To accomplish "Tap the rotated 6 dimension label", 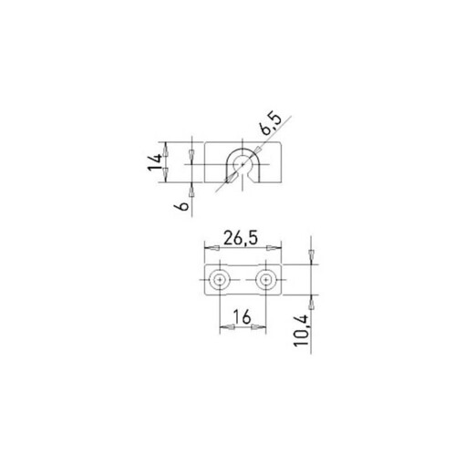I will click(183, 206).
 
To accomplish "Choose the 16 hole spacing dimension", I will click(242, 316).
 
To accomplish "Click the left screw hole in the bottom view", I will click(219, 279).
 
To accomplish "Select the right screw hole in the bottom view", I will click(265, 279).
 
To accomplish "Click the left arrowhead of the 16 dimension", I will click(223, 329).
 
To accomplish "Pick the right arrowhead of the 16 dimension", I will click(261, 329).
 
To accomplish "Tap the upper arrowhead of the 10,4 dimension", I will click(313, 256).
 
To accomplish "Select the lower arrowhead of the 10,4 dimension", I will click(313, 301).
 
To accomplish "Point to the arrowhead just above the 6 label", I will click(191, 190).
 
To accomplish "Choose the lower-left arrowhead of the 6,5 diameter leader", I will click(228, 181).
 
